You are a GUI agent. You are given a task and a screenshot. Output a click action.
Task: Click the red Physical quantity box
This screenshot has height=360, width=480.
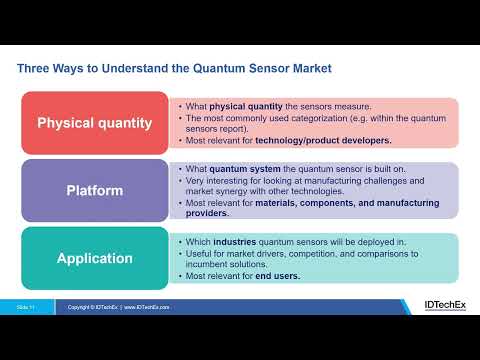[x=94, y=124]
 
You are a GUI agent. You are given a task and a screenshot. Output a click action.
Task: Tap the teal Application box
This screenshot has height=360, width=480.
[x=94, y=258]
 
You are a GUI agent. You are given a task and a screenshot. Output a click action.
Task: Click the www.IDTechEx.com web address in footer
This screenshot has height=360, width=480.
[x=155, y=306]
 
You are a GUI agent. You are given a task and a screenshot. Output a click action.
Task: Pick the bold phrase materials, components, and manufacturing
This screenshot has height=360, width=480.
[x=340, y=203]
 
